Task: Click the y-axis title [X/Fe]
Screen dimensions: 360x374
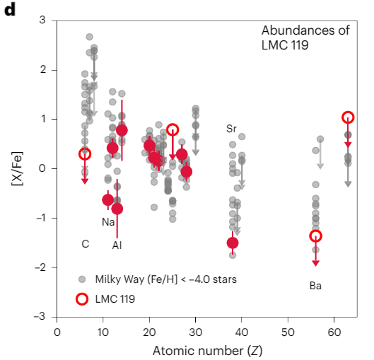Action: pos(16,169)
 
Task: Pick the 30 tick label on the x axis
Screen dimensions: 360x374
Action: pos(195,331)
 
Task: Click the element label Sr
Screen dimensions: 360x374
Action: pos(231,129)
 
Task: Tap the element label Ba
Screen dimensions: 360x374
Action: pos(315,286)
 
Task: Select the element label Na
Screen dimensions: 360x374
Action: pos(108,221)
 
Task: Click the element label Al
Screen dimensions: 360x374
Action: pos(117,245)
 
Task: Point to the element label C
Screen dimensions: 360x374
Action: pos(85,244)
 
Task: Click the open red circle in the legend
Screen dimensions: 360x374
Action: pos(82,298)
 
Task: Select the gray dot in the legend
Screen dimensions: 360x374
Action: pos(82,279)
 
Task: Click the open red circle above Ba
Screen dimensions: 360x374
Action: pos(315,236)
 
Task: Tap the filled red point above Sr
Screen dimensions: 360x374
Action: pos(233,243)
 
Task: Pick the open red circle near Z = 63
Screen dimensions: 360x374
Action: pos(348,117)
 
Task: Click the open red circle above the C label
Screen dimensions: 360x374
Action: pos(85,153)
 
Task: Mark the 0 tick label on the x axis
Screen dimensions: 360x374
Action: pos(57,331)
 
